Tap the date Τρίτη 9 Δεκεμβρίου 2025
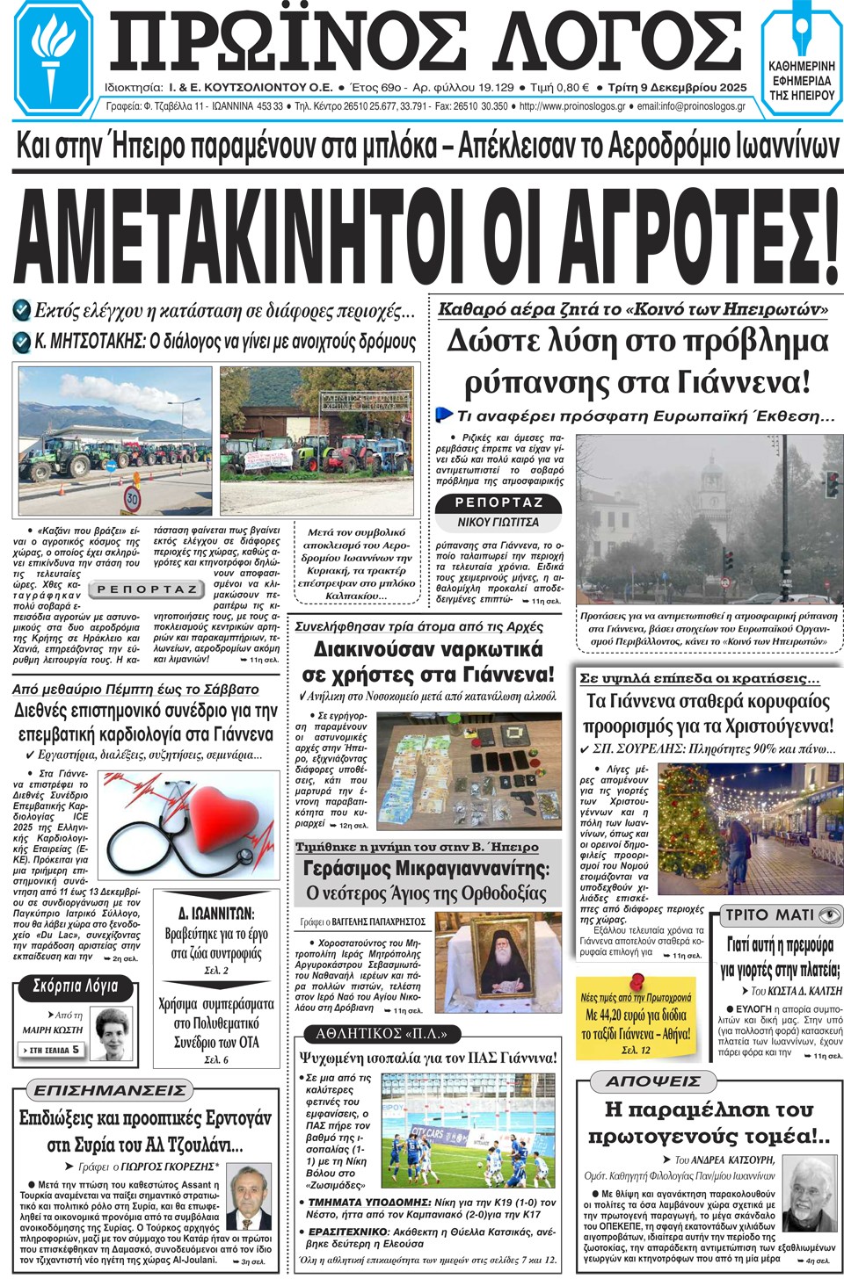[x=677, y=88]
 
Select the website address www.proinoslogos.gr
[x=572, y=106]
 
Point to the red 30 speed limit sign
[x=132, y=499]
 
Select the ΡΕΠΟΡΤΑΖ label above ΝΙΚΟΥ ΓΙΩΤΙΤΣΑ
[x=498, y=502]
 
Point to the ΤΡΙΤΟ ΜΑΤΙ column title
[x=769, y=915]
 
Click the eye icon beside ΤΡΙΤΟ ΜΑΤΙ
[x=829, y=915]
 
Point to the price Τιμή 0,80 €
[x=559, y=88]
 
